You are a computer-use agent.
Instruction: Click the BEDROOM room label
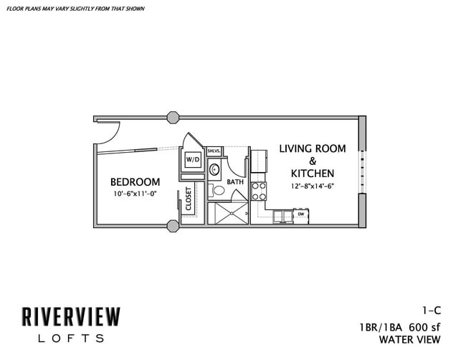[x=135, y=182]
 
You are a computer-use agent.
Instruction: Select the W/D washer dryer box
[x=193, y=159]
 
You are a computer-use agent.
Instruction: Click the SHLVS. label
[x=214, y=151]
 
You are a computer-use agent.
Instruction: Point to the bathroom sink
[x=214, y=170]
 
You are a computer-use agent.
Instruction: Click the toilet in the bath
[x=217, y=191]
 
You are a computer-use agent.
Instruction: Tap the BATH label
[x=235, y=182]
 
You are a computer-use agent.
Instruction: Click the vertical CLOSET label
[x=189, y=199]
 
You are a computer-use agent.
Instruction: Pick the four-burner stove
[x=259, y=191]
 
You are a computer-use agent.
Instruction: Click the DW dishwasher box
[x=301, y=214]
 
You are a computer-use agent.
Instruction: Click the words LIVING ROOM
[x=312, y=149]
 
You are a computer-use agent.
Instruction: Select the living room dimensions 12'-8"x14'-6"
[x=312, y=186]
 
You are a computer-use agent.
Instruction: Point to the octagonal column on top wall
[x=173, y=117]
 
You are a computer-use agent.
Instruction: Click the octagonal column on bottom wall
[x=173, y=226]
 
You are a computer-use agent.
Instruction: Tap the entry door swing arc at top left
[x=105, y=131]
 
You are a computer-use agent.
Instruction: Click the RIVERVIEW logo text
[x=70, y=316]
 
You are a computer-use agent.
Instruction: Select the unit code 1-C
[x=429, y=311]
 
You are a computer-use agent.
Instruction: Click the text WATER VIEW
[x=409, y=339]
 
